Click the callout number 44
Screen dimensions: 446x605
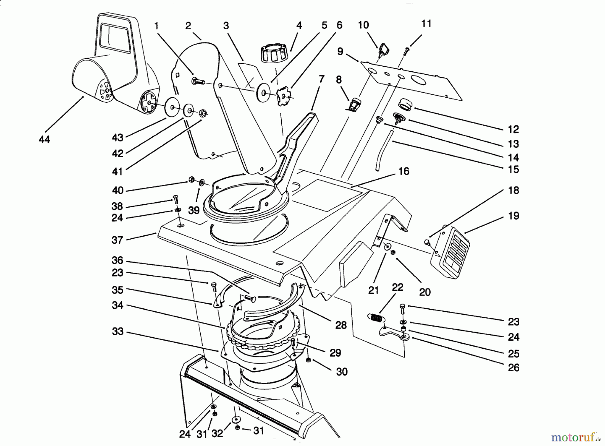(x=44, y=139)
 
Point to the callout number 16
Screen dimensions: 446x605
(x=403, y=171)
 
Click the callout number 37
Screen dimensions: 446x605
(x=118, y=240)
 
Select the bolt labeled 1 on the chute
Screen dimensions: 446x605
(x=198, y=81)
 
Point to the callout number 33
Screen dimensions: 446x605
(x=118, y=332)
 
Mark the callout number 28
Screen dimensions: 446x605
(x=341, y=325)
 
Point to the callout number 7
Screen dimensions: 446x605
(x=321, y=79)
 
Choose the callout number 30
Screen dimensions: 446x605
(x=341, y=372)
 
